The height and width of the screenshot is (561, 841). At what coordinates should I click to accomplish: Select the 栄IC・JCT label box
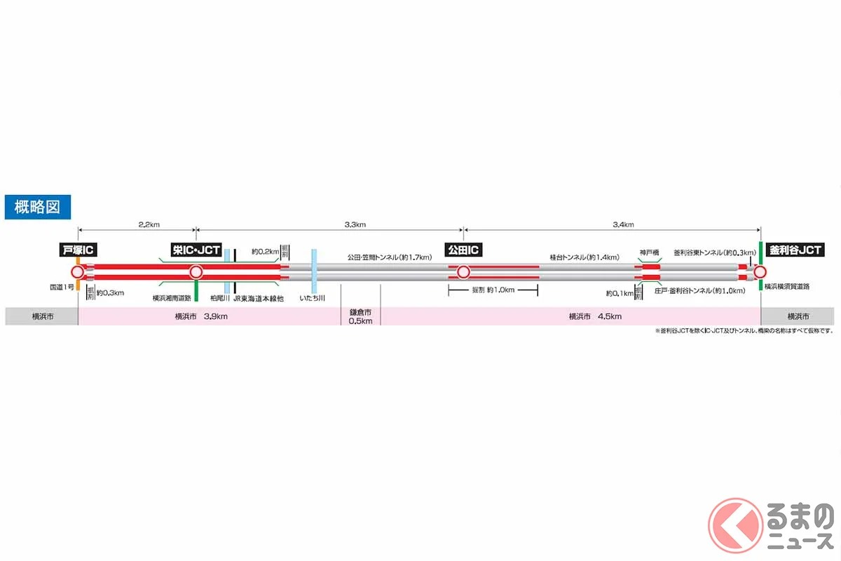point(196,250)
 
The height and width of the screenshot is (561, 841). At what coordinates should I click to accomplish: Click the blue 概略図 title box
point(36,207)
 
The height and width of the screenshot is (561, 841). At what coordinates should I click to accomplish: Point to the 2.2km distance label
point(148,224)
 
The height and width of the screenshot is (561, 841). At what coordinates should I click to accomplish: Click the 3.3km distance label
point(355,224)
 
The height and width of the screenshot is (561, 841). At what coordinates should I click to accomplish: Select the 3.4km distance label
point(622,224)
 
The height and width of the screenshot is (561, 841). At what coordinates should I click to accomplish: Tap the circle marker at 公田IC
point(463,272)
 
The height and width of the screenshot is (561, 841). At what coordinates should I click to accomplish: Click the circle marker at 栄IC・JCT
point(196,272)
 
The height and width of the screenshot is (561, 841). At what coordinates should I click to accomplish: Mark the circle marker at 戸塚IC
point(78,272)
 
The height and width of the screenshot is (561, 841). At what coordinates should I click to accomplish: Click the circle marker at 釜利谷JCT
point(760,272)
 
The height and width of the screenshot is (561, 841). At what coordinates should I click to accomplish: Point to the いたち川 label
point(312,298)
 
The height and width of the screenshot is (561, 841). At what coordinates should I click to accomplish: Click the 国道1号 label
point(61,287)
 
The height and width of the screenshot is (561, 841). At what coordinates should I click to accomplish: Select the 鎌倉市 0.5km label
point(361,316)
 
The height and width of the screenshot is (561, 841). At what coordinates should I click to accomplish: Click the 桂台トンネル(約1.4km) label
point(584,257)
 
